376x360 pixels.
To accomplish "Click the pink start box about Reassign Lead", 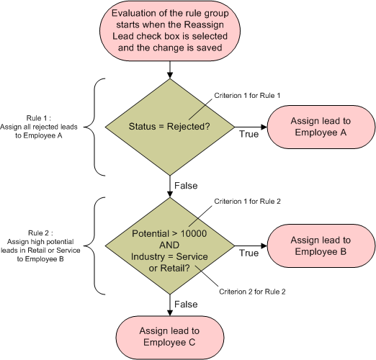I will (170, 31).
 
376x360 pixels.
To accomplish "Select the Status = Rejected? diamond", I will (170, 127).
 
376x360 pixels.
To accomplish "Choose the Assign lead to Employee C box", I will (170, 336).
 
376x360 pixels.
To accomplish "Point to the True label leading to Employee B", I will (249, 253).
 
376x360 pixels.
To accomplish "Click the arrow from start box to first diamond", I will (170, 70).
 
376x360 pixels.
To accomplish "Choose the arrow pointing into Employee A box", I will (251, 127).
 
